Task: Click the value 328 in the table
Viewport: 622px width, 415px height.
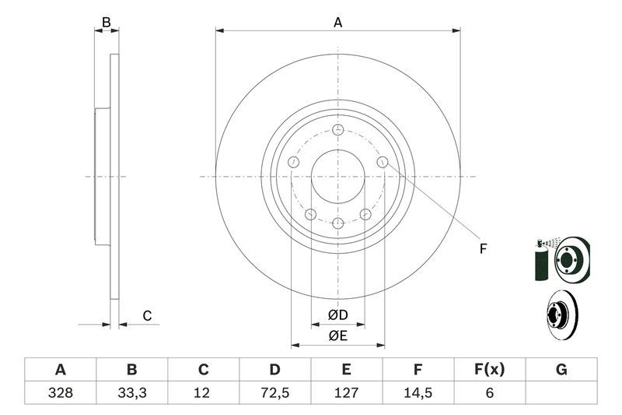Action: coord(61,393)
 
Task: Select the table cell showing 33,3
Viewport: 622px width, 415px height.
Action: coord(132,393)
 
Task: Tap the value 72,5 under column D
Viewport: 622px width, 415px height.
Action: coord(275,393)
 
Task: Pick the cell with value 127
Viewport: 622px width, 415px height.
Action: coord(347,393)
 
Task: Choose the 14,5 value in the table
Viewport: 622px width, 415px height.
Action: coord(418,393)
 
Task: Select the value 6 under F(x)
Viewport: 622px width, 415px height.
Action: coord(490,393)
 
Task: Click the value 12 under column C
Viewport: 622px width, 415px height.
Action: coord(204,393)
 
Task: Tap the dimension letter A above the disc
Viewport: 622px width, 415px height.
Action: coord(338,23)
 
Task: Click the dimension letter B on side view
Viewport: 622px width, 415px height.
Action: coord(107,23)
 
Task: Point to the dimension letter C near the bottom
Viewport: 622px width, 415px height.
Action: coord(146,315)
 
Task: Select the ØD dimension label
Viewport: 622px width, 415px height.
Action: coord(337,315)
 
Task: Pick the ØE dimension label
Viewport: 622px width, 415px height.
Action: coord(337,336)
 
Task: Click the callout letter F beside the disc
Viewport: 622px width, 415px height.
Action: coord(483,249)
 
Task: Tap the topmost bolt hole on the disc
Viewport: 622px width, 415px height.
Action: coord(337,130)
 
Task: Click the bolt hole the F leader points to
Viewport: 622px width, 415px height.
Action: coord(383,161)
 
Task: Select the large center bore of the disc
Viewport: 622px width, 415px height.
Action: coord(337,177)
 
